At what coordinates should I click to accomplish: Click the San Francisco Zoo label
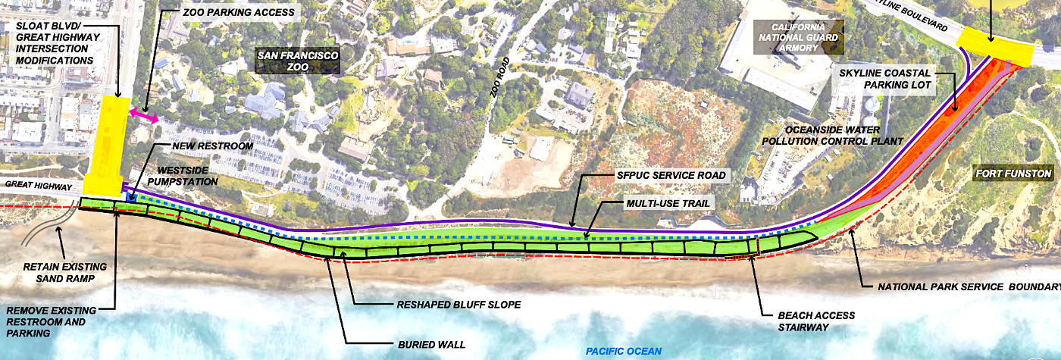coord(297,61)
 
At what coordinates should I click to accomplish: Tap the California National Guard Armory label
coord(799,36)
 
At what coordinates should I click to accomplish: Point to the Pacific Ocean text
coord(624,351)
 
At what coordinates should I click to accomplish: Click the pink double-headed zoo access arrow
coord(143,115)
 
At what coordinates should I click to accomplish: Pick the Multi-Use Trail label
coord(668,205)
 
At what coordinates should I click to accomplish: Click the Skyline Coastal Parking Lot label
coord(896,79)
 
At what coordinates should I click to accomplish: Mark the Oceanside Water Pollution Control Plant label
coord(843,136)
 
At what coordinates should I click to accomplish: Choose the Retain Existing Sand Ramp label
coord(65,273)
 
